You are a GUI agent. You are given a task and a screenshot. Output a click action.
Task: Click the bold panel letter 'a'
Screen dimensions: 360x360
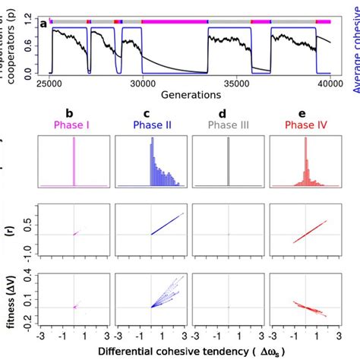(44, 24)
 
